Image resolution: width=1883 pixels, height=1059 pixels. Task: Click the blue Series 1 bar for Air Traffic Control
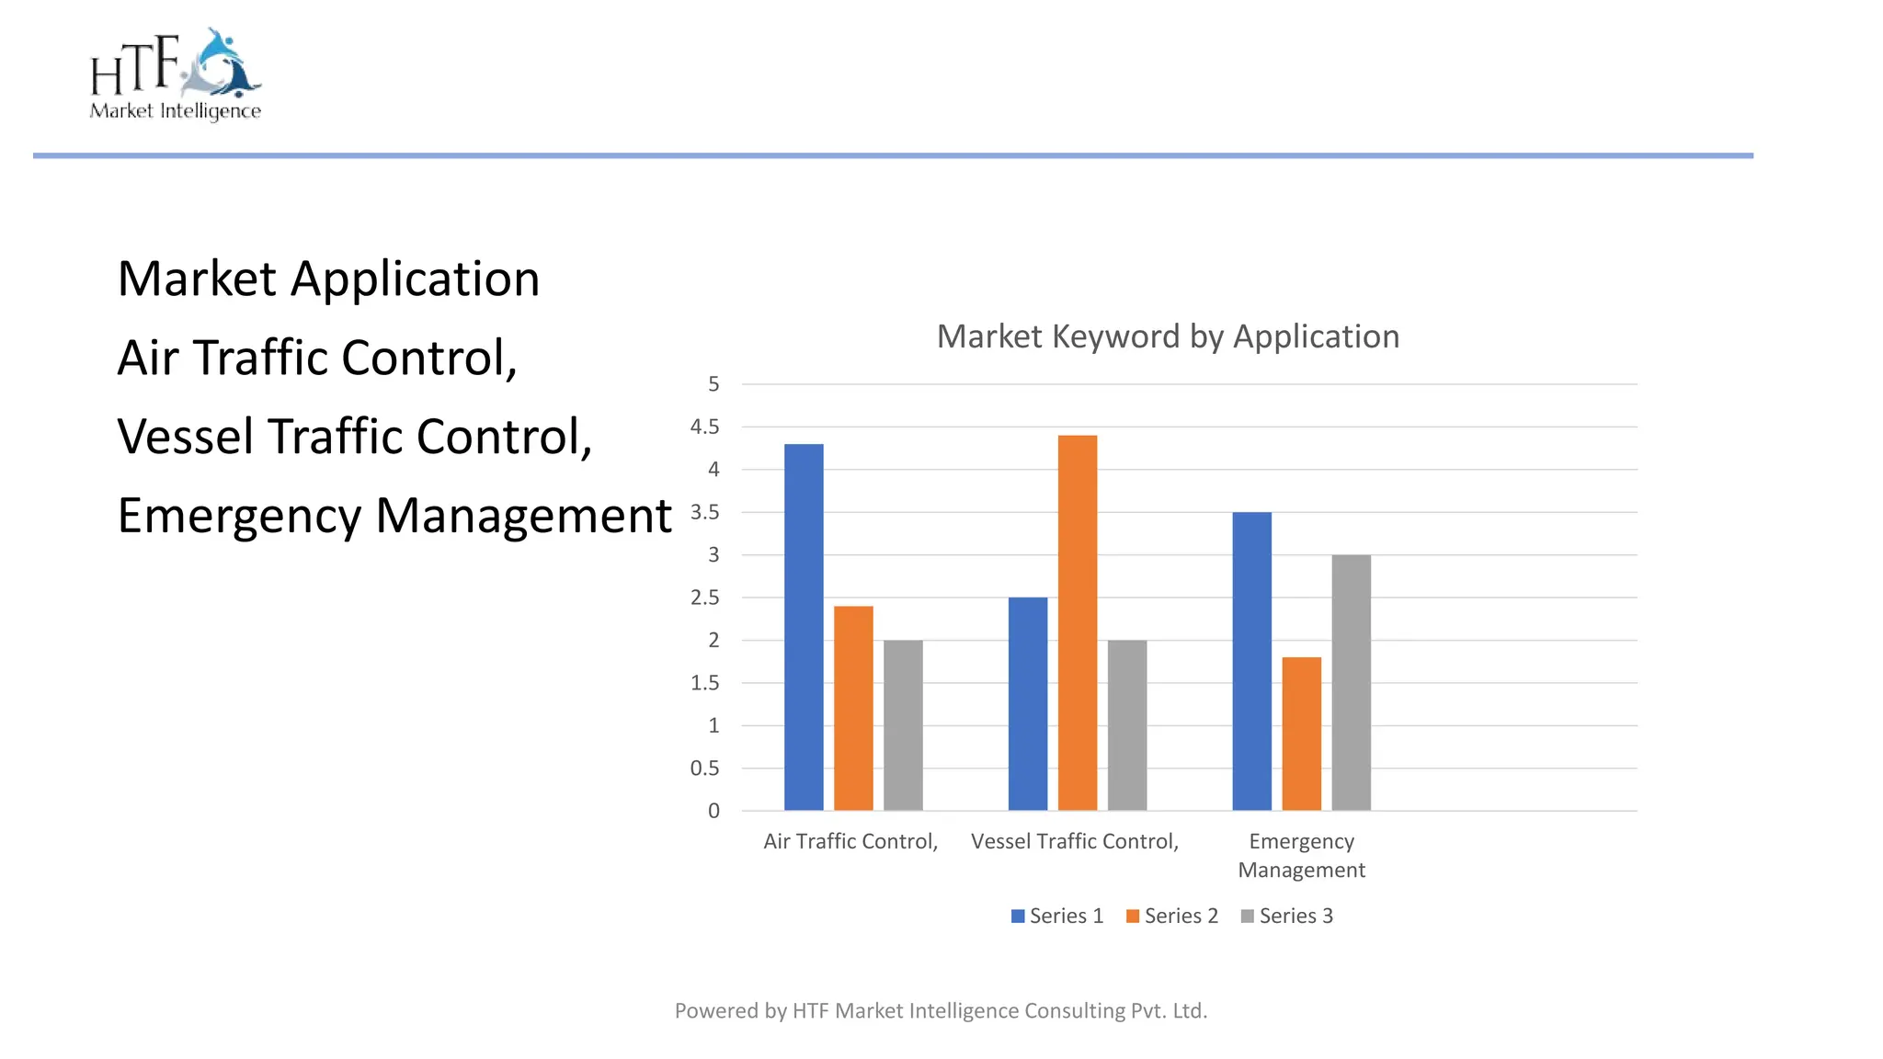(804, 627)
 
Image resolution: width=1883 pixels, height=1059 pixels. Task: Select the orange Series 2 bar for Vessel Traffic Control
(1077, 622)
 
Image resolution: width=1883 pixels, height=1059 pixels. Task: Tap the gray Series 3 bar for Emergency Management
(1351, 682)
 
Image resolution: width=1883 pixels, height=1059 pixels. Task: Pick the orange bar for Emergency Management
(1301, 734)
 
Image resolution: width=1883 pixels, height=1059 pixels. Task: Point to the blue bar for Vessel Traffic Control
(1027, 703)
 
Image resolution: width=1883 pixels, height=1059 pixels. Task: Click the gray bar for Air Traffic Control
(903, 724)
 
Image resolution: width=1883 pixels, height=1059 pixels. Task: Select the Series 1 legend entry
(1057, 916)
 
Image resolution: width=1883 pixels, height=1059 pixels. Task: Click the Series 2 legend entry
(1172, 916)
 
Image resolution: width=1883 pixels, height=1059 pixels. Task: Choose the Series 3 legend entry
(1287, 916)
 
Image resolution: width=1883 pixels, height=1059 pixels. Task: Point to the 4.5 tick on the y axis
(705, 427)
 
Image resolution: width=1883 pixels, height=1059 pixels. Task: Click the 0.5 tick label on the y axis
(705, 769)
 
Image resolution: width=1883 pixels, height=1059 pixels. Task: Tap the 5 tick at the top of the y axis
(713, 384)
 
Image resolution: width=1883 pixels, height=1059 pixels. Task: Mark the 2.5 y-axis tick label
(705, 598)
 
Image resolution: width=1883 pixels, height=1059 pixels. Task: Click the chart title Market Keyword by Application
(1168, 336)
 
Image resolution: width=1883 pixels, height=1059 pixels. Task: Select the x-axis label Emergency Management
(1301, 855)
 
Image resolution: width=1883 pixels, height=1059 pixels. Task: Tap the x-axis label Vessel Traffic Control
(1075, 841)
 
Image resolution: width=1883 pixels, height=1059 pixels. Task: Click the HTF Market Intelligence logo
(176, 74)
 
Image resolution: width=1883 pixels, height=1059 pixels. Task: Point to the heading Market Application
(328, 279)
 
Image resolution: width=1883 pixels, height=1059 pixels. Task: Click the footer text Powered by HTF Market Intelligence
(941, 1010)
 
